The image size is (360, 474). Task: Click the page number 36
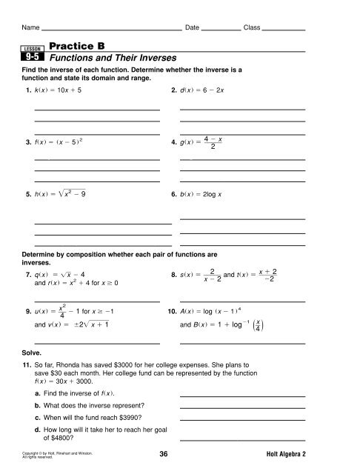coord(179,458)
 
